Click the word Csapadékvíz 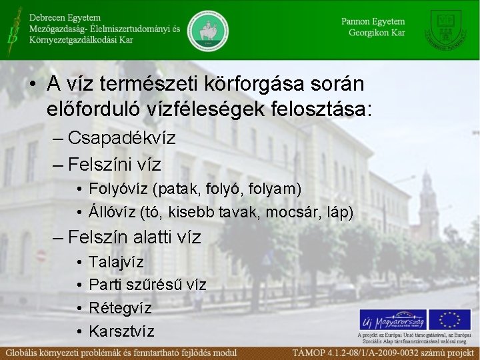121,139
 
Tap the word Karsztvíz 121,331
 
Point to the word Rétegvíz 120,308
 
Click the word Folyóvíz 118,189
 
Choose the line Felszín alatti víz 134,237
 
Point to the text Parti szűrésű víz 147,285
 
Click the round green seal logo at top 207,30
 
